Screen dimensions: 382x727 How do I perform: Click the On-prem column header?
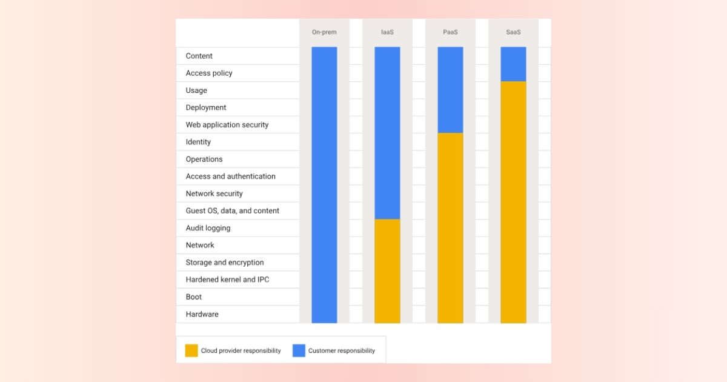[324, 32]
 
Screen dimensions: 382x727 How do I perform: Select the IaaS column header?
[387, 32]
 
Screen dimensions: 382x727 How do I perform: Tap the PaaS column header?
[450, 32]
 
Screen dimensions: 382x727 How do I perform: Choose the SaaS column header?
[513, 32]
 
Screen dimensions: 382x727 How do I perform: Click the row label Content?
[199, 56]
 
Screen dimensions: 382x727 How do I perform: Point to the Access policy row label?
[209, 73]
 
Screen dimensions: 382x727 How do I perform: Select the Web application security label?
[227, 125]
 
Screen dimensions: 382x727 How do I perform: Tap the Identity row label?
[198, 142]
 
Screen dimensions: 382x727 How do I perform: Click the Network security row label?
[214, 193]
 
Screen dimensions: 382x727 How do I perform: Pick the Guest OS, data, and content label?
[233, 211]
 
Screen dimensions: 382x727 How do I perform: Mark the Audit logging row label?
[208, 228]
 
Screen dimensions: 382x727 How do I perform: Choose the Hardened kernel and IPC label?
[227, 280]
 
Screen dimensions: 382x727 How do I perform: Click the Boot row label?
[194, 297]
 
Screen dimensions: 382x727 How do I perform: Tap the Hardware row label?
[202, 314]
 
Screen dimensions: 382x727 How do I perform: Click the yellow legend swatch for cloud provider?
[191, 350]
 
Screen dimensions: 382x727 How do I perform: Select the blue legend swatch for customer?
[299, 350]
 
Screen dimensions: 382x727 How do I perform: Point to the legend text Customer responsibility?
[342, 350]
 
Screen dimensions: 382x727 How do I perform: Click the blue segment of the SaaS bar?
[513, 64]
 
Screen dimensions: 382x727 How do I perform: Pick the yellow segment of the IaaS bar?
[387, 271]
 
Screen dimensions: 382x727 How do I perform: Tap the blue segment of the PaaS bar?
[450, 90]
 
